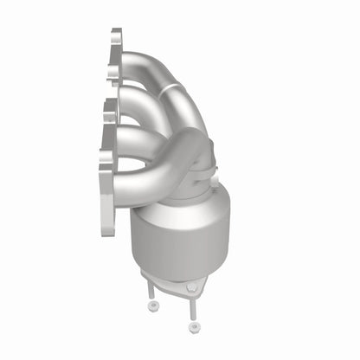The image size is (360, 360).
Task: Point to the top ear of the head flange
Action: tap(115, 39)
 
